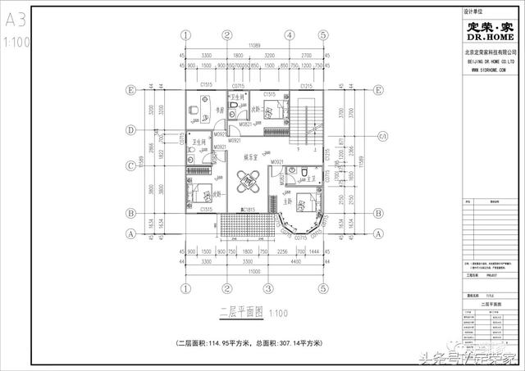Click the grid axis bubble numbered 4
coord(290,35)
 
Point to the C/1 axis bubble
coord(380,136)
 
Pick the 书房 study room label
coord(220,111)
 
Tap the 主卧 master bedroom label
coord(288,201)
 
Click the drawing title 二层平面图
coord(240,313)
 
